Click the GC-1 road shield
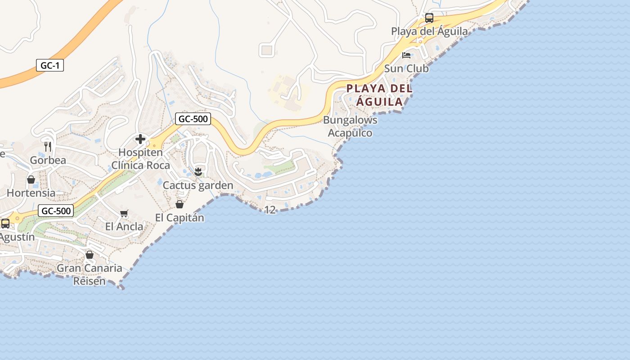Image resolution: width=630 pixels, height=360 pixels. (x=50, y=65)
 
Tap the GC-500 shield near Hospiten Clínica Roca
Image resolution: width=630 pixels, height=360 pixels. (x=193, y=119)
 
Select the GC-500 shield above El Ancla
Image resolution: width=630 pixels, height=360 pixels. (x=56, y=211)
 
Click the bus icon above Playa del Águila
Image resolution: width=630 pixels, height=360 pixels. (x=429, y=18)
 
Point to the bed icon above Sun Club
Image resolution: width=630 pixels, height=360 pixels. (x=406, y=55)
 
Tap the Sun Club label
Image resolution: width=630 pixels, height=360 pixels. (x=406, y=68)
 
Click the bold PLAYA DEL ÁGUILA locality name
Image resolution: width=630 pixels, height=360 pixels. (x=379, y=95)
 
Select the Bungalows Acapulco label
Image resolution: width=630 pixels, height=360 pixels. (x=350, y=126)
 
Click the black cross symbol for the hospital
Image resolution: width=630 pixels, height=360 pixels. (x=140, y=139)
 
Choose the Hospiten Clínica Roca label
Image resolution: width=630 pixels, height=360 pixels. (x=141, y=159)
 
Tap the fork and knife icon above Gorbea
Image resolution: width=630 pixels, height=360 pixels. (x=48, y=146)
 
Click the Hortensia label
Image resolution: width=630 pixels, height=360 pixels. (x=31, y=193)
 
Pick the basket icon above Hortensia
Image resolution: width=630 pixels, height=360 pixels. (x=31, y=180)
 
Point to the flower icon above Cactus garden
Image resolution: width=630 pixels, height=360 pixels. (x=198, y=171)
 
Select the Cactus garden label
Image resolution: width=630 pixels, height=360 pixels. (x=198, y=185)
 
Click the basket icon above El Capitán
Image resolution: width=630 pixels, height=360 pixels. (x=180, y=205)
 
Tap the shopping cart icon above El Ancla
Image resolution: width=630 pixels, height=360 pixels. (x=124, y=214)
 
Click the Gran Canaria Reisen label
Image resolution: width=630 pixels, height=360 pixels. (x=89, y=274)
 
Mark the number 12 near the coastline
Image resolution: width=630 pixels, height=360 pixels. (x=270, y=210)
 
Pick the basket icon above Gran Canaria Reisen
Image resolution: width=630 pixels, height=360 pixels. (x=90, y=255)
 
